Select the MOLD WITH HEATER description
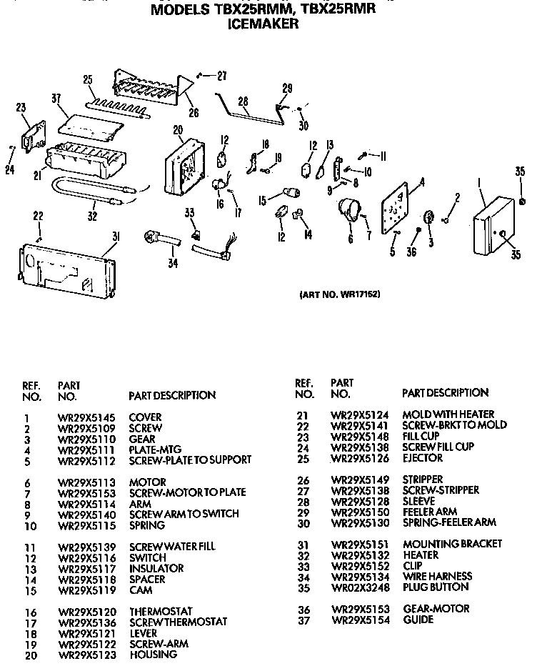click(x=448, y=414)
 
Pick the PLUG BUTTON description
click(x=436, y=587)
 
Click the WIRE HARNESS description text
click(x=437, y=576)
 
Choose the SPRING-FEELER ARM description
click(x=449, y=522)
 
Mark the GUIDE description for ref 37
click(x=418, y=620)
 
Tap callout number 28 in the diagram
click(x=243, y=101)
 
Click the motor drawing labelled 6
click(x=347, y=212)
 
